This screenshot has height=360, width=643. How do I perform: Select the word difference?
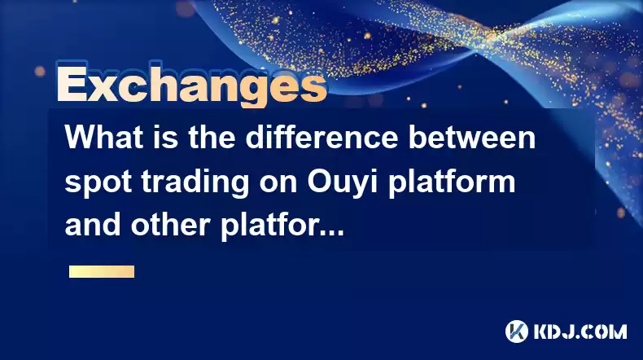coord(322,137)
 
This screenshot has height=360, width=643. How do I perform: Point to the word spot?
coord(98,182)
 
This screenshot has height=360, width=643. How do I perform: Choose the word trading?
coord(195,182)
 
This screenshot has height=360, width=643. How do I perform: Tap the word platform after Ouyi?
coord(452,182)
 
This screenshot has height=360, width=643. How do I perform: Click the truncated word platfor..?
coord(282,226)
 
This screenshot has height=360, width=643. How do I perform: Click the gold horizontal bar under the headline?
coord(102,272)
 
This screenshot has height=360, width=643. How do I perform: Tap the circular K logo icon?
coord(517,331)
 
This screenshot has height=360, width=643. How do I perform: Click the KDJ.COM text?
coord(580,331)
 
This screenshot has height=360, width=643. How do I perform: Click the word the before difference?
coord(212,137)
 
